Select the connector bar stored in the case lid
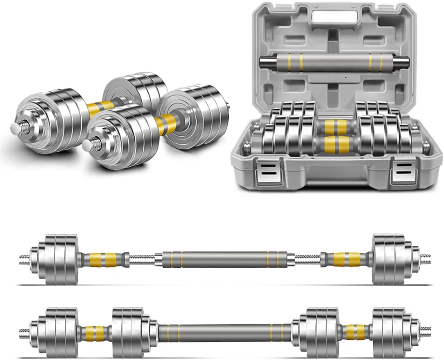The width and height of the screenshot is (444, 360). click(x=334, y=62)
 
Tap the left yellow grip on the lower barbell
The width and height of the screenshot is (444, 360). click(x=95, y=332)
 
